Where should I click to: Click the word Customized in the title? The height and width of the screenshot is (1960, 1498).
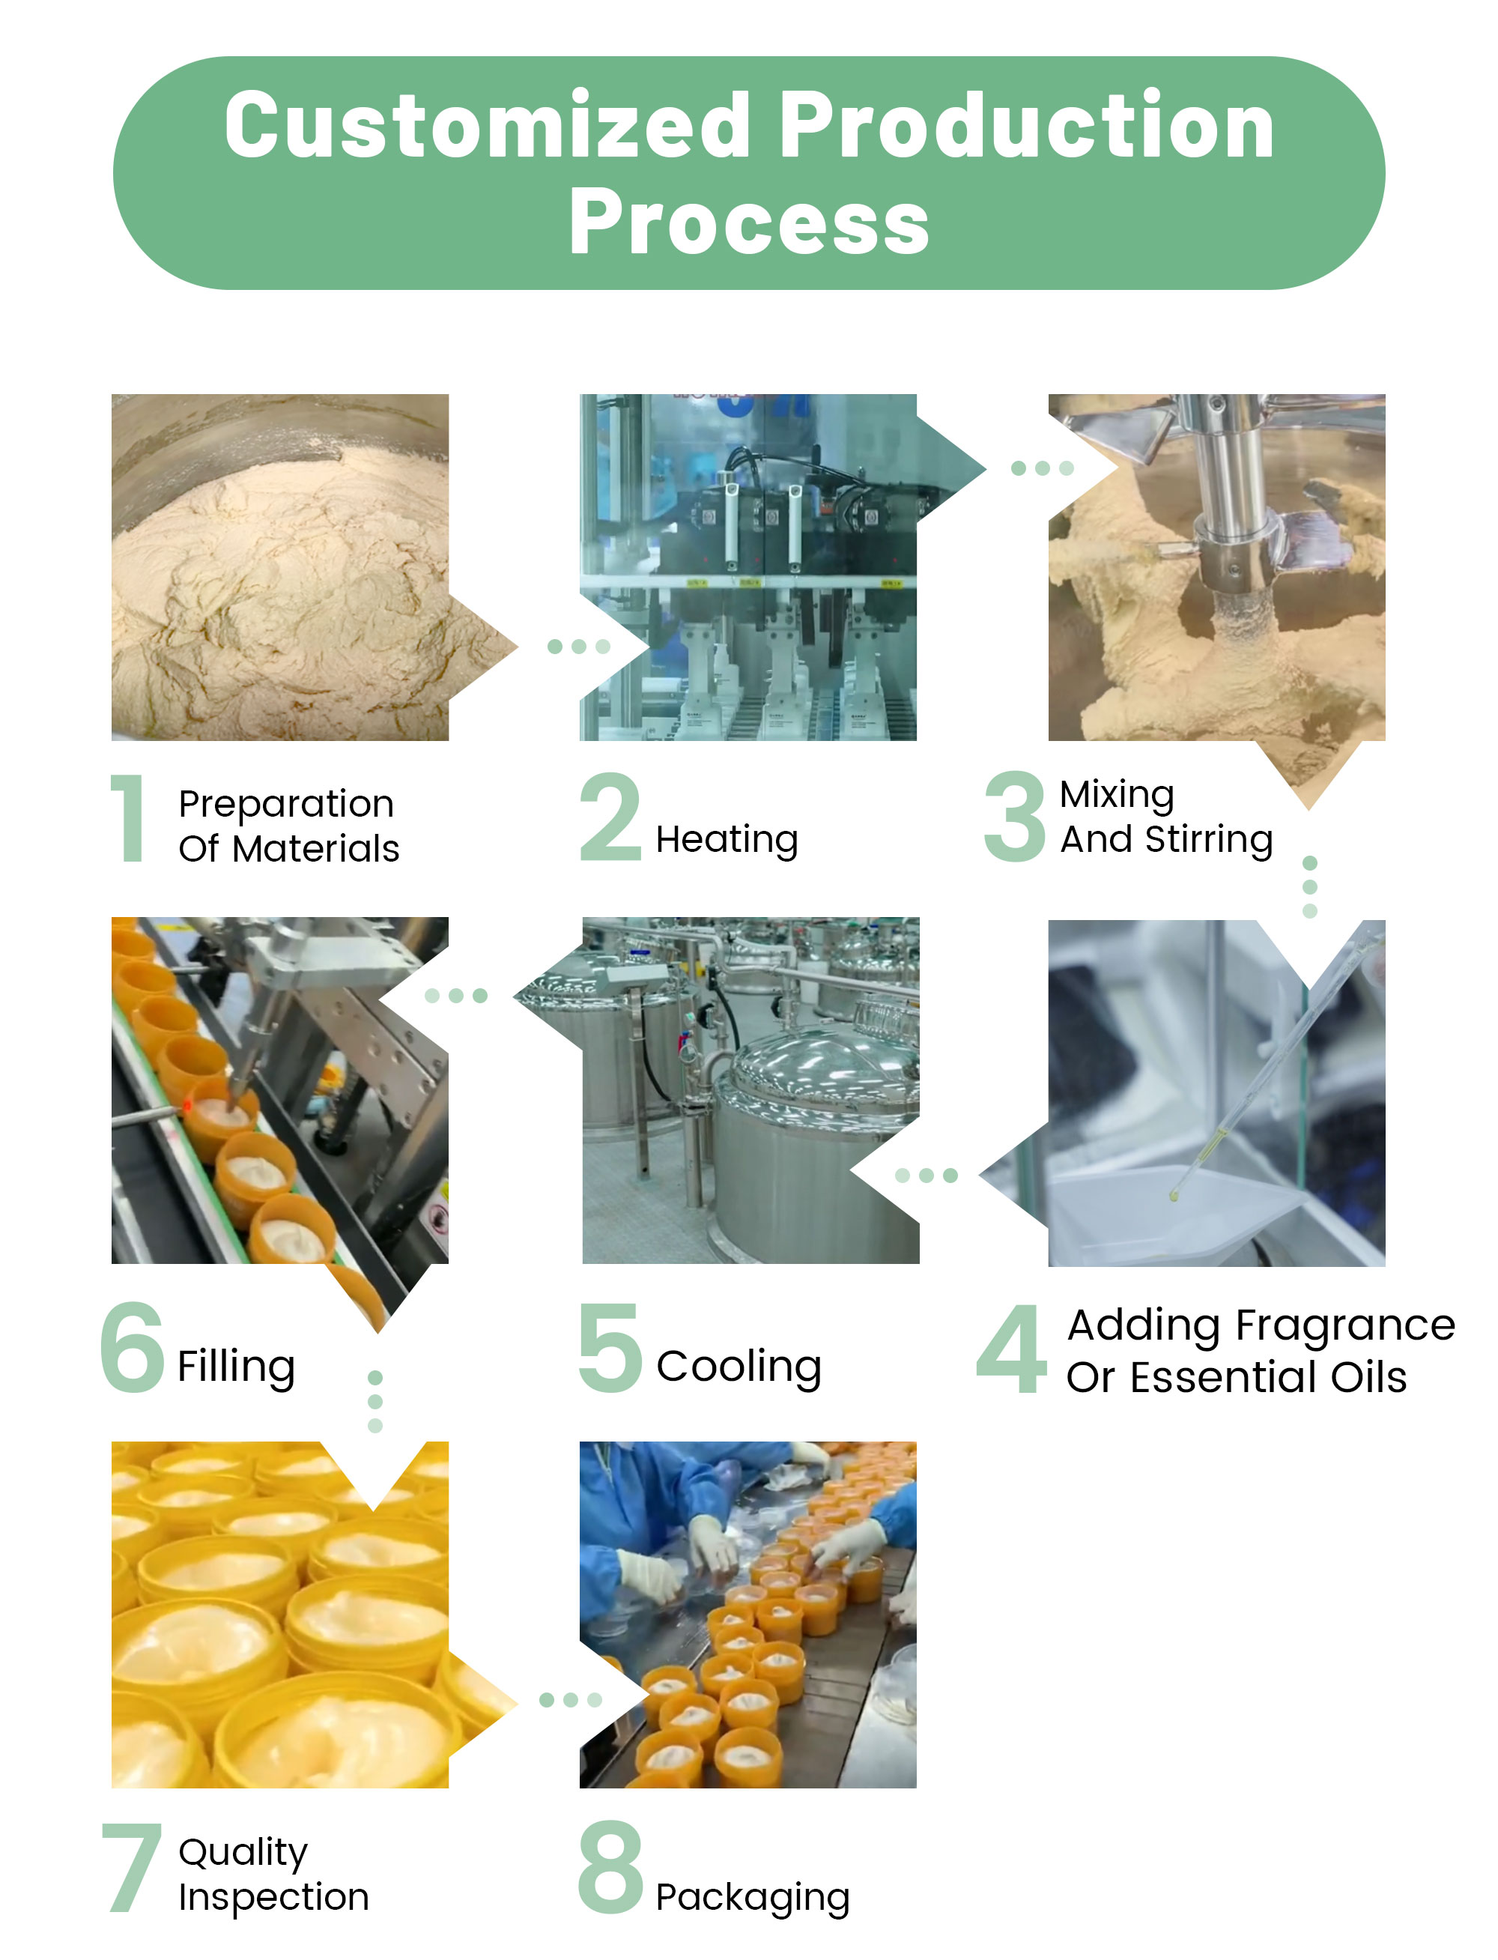pos(487,126)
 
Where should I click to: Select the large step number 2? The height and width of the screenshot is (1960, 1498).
pos(610,817)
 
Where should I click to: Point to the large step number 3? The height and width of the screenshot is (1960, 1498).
pos(1014,817)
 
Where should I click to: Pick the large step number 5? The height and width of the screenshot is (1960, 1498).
pos(610,1347)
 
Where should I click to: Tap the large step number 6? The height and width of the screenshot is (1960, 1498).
pos(132,1346)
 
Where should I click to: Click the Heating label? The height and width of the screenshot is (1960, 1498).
pos(727,841)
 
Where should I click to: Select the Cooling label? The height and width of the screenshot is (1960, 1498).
pos(739,1367)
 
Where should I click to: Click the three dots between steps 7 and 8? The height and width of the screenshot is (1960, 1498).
pos(571,1699)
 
